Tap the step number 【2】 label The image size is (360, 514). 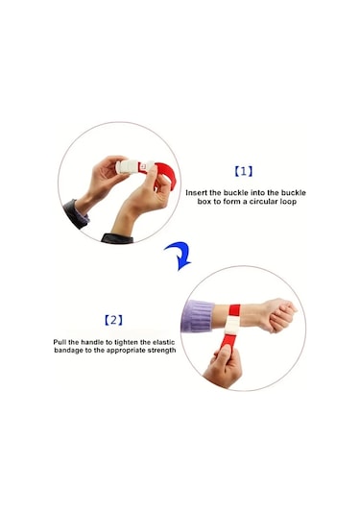pyautogui.click(x=113, y=319)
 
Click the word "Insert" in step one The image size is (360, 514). pyautogui.click(x=200, y=193)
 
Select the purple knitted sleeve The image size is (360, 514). pyautogui.click(x=198, y=316)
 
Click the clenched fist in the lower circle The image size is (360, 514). pyautogui.click(x=278, y=315)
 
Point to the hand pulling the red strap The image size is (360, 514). pyautogui.click(x=223, y=366)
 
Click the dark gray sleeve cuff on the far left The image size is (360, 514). pyautogui.click(x=76, y=212)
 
